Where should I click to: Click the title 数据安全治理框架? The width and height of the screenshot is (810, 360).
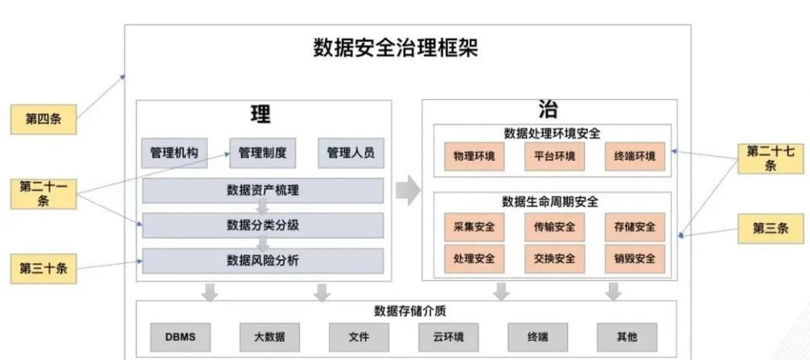[x=396, y=48]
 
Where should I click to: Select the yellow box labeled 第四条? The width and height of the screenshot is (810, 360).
[x=44, y=119]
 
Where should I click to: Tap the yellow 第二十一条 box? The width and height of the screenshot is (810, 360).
[x=44, y=194]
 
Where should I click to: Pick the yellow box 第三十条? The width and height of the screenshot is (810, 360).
[x=44, y=268]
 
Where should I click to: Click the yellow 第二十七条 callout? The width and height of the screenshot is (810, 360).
[x=770, y=158]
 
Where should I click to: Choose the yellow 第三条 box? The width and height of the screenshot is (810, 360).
[x=770, y=229]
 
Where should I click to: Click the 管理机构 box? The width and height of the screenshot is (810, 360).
[x=174, y=153]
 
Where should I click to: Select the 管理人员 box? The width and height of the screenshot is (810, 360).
[x=350, y=153]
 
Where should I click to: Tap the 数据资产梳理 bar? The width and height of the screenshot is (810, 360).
[x=263, y=191]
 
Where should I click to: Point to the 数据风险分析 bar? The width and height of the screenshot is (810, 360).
[x=263, y=261]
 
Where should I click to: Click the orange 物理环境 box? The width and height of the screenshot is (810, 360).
[x=475, y=156]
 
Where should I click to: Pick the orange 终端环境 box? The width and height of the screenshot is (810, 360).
[x=635, y=156]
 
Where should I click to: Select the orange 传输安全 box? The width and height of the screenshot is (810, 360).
[x=555, y=227]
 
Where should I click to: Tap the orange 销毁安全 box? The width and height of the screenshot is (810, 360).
[x=635, y=258]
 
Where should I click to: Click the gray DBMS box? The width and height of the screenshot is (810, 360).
[x=181, y=337]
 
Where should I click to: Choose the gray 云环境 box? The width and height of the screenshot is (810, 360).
[x=449, y=337]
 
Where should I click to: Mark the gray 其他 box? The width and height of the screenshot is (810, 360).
[x=627, y=337]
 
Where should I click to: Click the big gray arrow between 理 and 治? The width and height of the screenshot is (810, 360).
[x=408, y=190]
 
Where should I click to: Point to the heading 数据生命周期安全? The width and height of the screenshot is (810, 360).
[x=551, y=202]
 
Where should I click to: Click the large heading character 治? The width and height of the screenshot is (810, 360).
[x=548, y=110]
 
